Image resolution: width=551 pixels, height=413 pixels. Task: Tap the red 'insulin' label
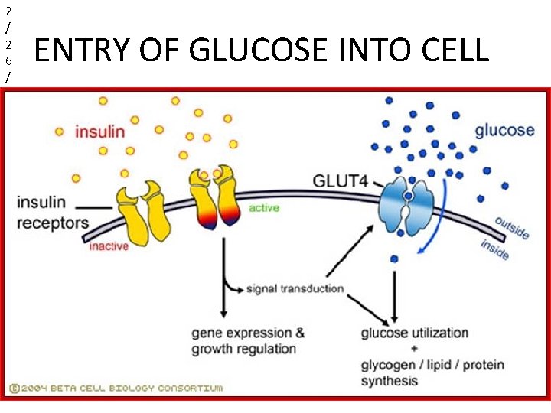pos(99,132)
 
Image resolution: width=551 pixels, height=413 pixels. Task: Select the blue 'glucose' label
pos(504,129)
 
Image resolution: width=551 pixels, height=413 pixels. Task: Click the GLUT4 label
pos(340,181)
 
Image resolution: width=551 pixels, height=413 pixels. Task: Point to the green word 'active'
pos(264,207)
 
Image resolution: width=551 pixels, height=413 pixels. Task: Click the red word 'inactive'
pos(109,246)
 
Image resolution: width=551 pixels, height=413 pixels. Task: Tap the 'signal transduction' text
pos(295,289)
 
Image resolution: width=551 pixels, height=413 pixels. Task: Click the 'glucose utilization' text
pos(414,333)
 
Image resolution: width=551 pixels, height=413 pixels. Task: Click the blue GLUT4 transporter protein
pos(409,203)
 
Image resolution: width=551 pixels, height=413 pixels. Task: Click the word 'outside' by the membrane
pos(511,226)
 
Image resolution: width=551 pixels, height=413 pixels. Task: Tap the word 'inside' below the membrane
pos(494,249)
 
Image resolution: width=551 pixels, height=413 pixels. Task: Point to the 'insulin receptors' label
pos(52,213)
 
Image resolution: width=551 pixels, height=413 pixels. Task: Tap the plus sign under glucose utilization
pos(413,349)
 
